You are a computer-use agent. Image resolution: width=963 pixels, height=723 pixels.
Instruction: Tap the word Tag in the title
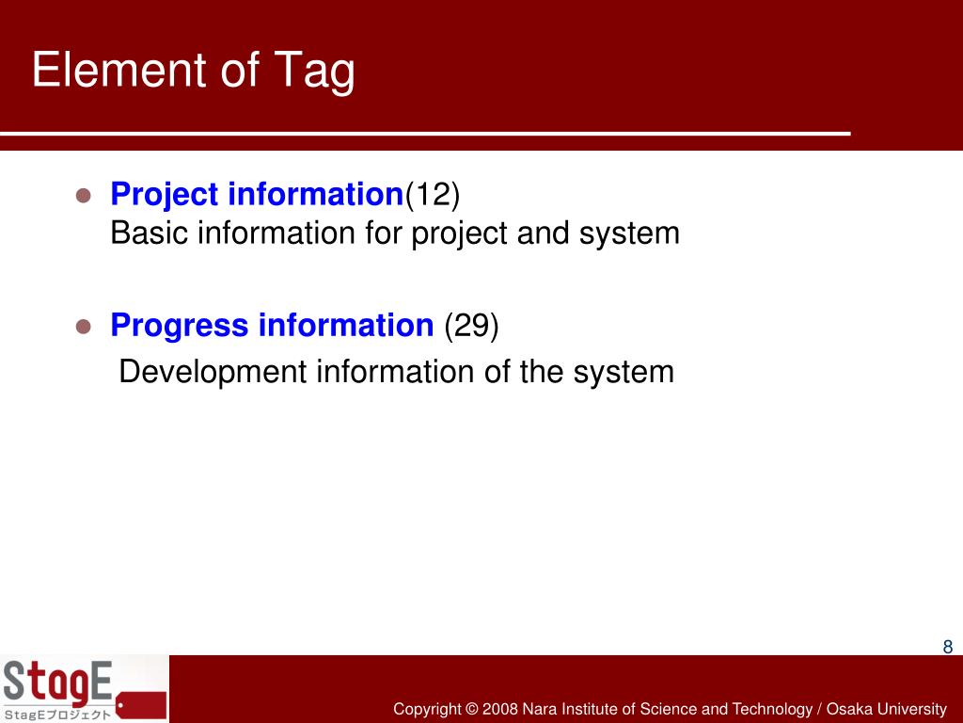(314, 72)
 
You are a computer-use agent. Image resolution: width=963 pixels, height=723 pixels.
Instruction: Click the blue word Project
(164, 196)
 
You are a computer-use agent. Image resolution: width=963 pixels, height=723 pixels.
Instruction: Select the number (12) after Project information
(433, 194)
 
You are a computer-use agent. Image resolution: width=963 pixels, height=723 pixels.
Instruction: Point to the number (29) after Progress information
(471, 325)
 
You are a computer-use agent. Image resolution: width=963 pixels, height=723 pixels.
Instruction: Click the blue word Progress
(180, 326)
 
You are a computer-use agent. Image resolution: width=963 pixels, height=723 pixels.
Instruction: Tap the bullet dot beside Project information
(84, 196)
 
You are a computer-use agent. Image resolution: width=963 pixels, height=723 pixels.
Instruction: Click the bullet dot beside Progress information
(84, 326)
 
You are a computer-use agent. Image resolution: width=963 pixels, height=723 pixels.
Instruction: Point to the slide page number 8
(948, 646)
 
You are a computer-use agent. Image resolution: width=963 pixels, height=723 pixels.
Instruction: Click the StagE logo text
(57, 683)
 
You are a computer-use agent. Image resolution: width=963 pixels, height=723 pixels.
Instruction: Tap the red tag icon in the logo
(141, 705)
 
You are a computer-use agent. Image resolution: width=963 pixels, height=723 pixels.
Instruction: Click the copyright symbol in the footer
(471, 709)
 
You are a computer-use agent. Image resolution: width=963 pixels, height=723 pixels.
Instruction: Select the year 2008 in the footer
(500, 709)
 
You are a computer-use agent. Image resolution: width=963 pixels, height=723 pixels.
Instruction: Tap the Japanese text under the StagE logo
(57, 715)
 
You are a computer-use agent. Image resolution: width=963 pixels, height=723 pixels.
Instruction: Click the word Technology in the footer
(772, 710)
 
